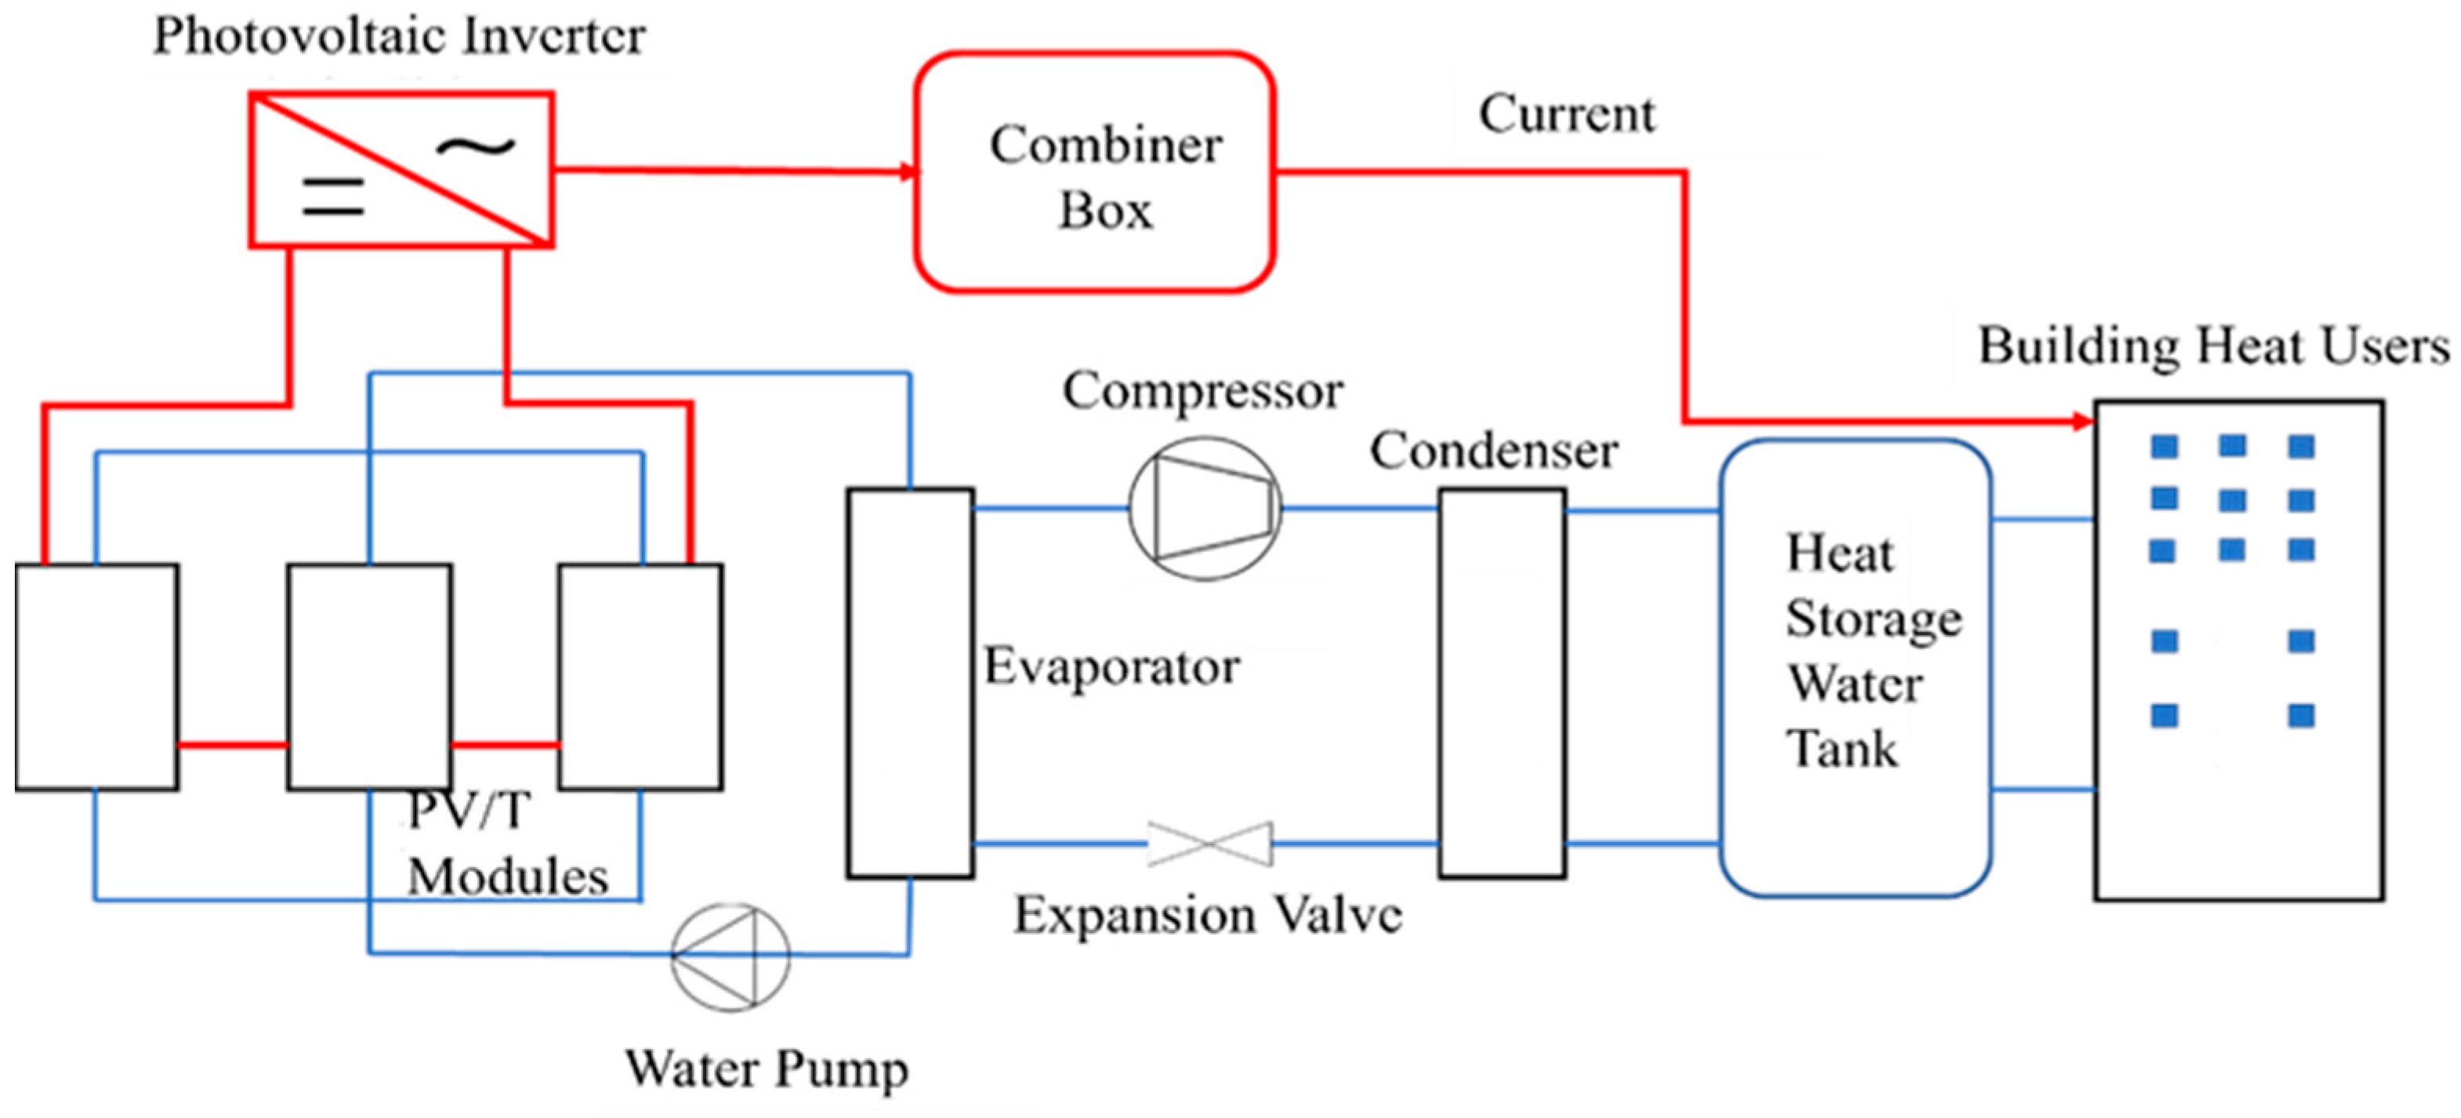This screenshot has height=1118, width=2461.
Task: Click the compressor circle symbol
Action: coord(1205,508)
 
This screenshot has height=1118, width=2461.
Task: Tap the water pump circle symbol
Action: coord(730,956)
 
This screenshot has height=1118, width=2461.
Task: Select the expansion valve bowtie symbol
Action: coord(1209,844)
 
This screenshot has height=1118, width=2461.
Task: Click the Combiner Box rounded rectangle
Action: coord(1095,172)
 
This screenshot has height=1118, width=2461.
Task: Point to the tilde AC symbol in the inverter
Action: coord(475,146)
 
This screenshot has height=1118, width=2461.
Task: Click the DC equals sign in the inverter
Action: coord(332,197)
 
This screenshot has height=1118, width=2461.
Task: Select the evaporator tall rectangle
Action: coord(909,682)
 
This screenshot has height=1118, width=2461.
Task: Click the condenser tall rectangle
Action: coord(1502,682)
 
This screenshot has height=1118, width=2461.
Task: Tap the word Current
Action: coord(1566,114)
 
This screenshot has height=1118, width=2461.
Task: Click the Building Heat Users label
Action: coord(2213,346)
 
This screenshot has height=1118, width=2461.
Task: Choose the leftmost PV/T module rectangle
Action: coord(96,677)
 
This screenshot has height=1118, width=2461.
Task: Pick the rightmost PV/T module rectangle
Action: coord(640,677)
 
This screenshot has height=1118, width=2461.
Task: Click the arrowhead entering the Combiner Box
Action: coord(907,172)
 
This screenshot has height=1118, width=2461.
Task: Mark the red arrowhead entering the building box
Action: coord(2082,420)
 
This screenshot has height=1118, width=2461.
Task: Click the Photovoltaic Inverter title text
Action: coord(400,36)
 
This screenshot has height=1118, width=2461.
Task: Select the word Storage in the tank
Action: coord(1873,619)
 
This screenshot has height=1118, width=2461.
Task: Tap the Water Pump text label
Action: coord(767,1069)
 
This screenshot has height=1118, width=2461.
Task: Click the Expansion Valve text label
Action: coord(1208,914)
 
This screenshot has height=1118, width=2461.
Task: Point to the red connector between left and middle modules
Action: coord(232,744)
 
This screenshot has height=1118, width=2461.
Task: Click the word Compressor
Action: coord(1203,390)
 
